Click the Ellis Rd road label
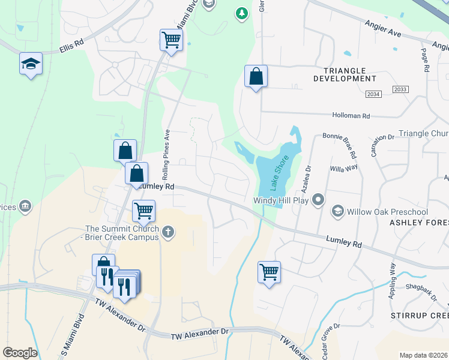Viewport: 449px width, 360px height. click(x=71, y=45)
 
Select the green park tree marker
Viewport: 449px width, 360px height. click(x=241, y=13)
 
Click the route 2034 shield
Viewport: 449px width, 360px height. click(x=373, y=94)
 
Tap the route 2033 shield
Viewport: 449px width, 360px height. click(x=400, y=89)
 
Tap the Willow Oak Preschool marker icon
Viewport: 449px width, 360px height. click(x=338, y=211)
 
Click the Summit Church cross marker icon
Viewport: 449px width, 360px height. click(x=168, y=232)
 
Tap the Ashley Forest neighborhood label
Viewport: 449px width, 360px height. click(x=419, y=222)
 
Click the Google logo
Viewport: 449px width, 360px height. click(x=20, y=353)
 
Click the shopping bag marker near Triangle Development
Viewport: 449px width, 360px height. click(x=256, y=76)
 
